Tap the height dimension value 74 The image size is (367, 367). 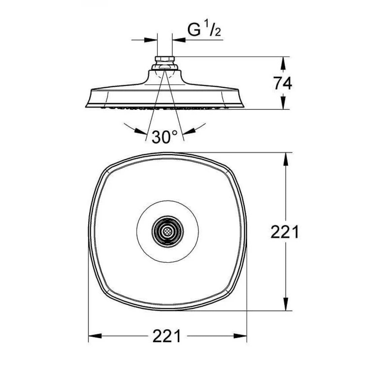tap(282, 84)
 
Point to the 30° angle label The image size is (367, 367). tap(164, 137)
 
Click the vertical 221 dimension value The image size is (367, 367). tap(285, 232)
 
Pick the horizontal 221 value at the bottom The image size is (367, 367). tap(167, 336)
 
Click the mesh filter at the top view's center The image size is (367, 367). tap(167, 231)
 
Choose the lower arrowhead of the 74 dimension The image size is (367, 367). tap(284, 103)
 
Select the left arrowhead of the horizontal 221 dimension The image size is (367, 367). tap(95, 336)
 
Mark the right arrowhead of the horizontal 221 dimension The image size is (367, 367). tap(240, 336)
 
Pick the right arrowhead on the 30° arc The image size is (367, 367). tap(190, 131)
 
